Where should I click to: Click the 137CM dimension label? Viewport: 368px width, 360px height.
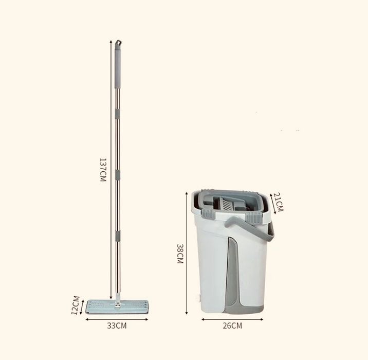pyautogui.click(x=103, y=170)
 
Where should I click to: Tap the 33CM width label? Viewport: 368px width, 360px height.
pyautogui.click(x=117, y=326)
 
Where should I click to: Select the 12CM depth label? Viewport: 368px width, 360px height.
pyautogui.click(x=76, y=305)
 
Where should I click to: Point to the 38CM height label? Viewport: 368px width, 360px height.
pyautogui.click(x=180, y=254)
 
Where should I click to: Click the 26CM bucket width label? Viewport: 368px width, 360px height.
pyautogui.click(x=232, y=326)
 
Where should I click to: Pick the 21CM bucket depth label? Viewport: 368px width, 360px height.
pyautogui.click(x=279, y=202)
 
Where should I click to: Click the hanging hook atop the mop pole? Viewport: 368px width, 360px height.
pyautogui.click(x=118, y=43)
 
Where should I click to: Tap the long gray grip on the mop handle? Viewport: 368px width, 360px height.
pyautogui.click(x=118, y=67)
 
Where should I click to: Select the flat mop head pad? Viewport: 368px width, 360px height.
pyautogui.click(x=117, y=307)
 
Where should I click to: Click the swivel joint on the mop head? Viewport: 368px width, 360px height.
pyautogui.click(x=118, y=304)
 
